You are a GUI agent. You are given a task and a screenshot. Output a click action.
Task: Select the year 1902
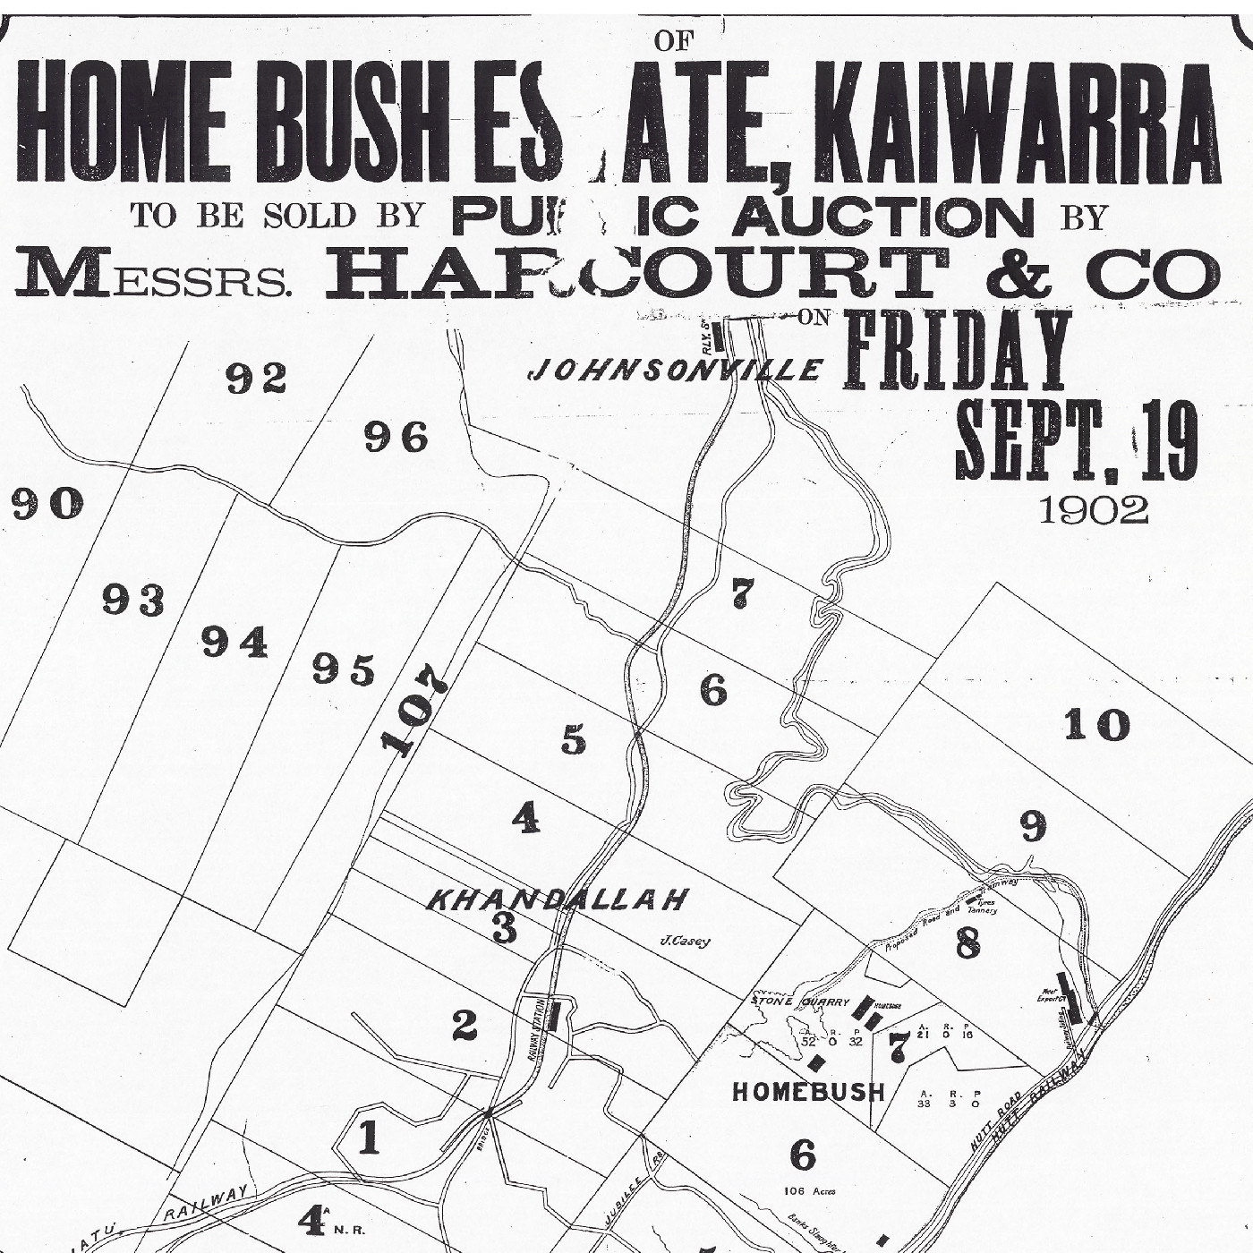click(1093, 510)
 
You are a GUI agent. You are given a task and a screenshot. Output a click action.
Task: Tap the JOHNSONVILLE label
click(675, 369)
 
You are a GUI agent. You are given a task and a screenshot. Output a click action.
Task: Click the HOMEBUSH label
click(808, 1092)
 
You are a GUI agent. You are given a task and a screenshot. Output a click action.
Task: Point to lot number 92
click(255, 379)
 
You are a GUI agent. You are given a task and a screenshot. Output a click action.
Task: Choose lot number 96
click(396, 439)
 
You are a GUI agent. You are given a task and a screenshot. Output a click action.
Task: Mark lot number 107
click(413, 710)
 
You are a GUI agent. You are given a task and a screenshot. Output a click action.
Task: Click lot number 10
click(1096, 725)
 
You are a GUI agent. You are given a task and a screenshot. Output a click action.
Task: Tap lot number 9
click(1034, 827)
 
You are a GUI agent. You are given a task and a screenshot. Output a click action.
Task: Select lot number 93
click(133, 600)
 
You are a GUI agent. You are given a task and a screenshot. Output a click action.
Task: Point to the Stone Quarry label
click(798, 1002)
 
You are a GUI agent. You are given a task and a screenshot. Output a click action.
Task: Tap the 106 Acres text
click(802, 1190)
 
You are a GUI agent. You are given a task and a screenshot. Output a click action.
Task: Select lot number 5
click(574, 741)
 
